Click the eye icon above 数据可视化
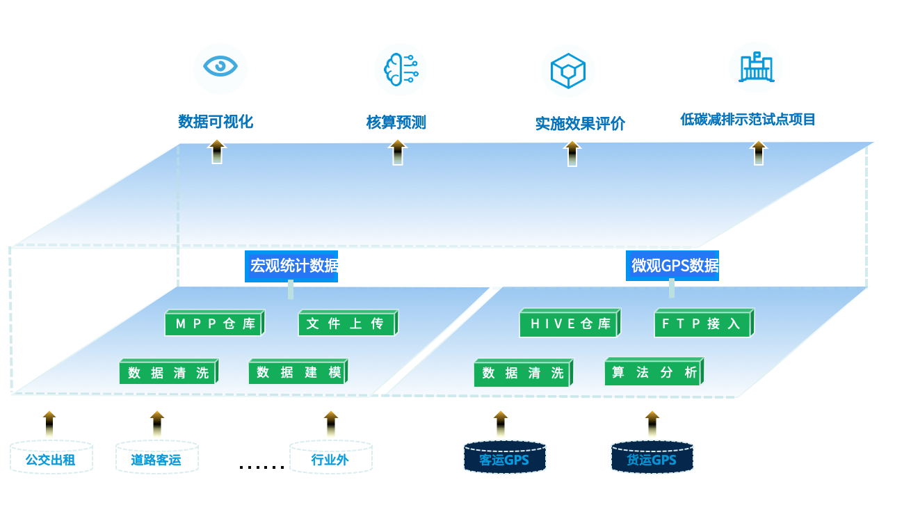click(220, 67)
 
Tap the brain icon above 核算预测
click(400, 70)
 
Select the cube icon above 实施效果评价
click(568, 70)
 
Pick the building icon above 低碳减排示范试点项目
click(757, 67)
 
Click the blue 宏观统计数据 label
click(291, 266)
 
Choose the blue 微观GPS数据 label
click(672, 266)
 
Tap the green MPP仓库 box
click(214, 323)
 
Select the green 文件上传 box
click(347, 323)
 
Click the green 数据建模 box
click(298, 372)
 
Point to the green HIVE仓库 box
click(569, 323)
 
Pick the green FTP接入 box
click(703, 323)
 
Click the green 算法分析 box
click(654, 372)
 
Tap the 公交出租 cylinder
click(51, 458)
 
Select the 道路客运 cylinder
click(156, 458)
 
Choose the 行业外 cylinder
click(330, 458)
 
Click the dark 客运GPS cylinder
click(504, 458)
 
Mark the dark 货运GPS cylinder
click(652, 458)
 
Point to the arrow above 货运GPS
click(652, 424)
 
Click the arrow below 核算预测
click(397, 152)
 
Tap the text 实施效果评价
click(579, 124)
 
